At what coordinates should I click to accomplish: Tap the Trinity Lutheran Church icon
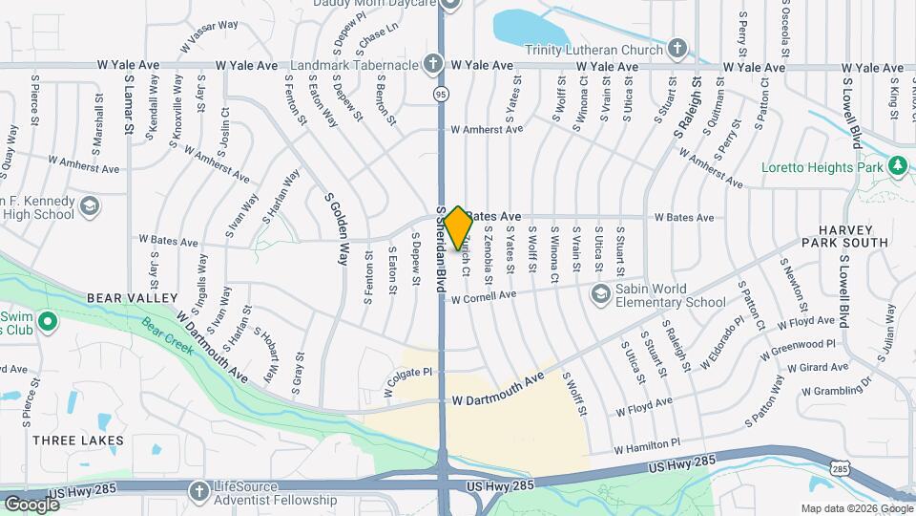[677, 47]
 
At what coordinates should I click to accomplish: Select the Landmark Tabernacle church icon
[434, 65]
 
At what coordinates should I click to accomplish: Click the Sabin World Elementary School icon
[600, 292]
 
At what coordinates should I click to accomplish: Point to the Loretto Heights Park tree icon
[897, 166]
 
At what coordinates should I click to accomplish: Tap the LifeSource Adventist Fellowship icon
[198, 490]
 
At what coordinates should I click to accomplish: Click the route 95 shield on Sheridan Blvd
[440, 94]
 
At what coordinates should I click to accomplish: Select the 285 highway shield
[839, 467]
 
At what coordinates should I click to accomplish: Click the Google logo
[31, 504]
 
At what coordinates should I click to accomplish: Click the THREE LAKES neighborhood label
[78, 441]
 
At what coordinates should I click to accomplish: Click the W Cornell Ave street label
[484, 297]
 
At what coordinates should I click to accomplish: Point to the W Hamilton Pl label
[647, 446]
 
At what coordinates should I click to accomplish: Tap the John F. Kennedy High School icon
[89, 205]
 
